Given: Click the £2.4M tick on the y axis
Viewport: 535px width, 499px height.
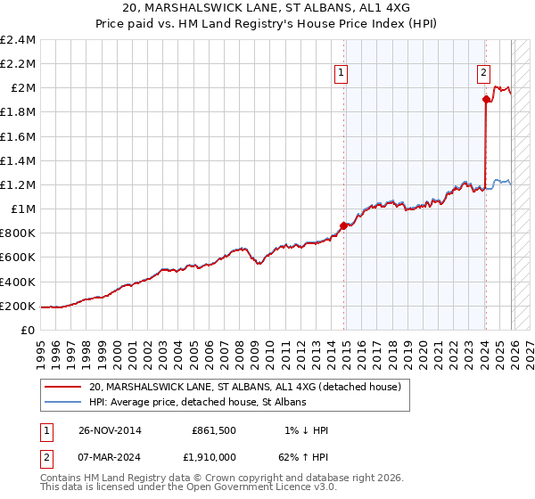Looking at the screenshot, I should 18,40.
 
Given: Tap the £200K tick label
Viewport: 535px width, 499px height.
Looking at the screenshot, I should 18,306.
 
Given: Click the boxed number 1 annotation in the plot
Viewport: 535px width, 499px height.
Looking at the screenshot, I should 342,74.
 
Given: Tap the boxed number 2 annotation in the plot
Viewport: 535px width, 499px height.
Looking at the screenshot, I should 482,74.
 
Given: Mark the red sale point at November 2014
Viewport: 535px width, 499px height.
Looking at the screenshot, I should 343,225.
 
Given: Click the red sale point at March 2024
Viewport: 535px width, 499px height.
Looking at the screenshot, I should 485,100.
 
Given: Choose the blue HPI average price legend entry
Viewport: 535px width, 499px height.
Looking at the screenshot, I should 197,403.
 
